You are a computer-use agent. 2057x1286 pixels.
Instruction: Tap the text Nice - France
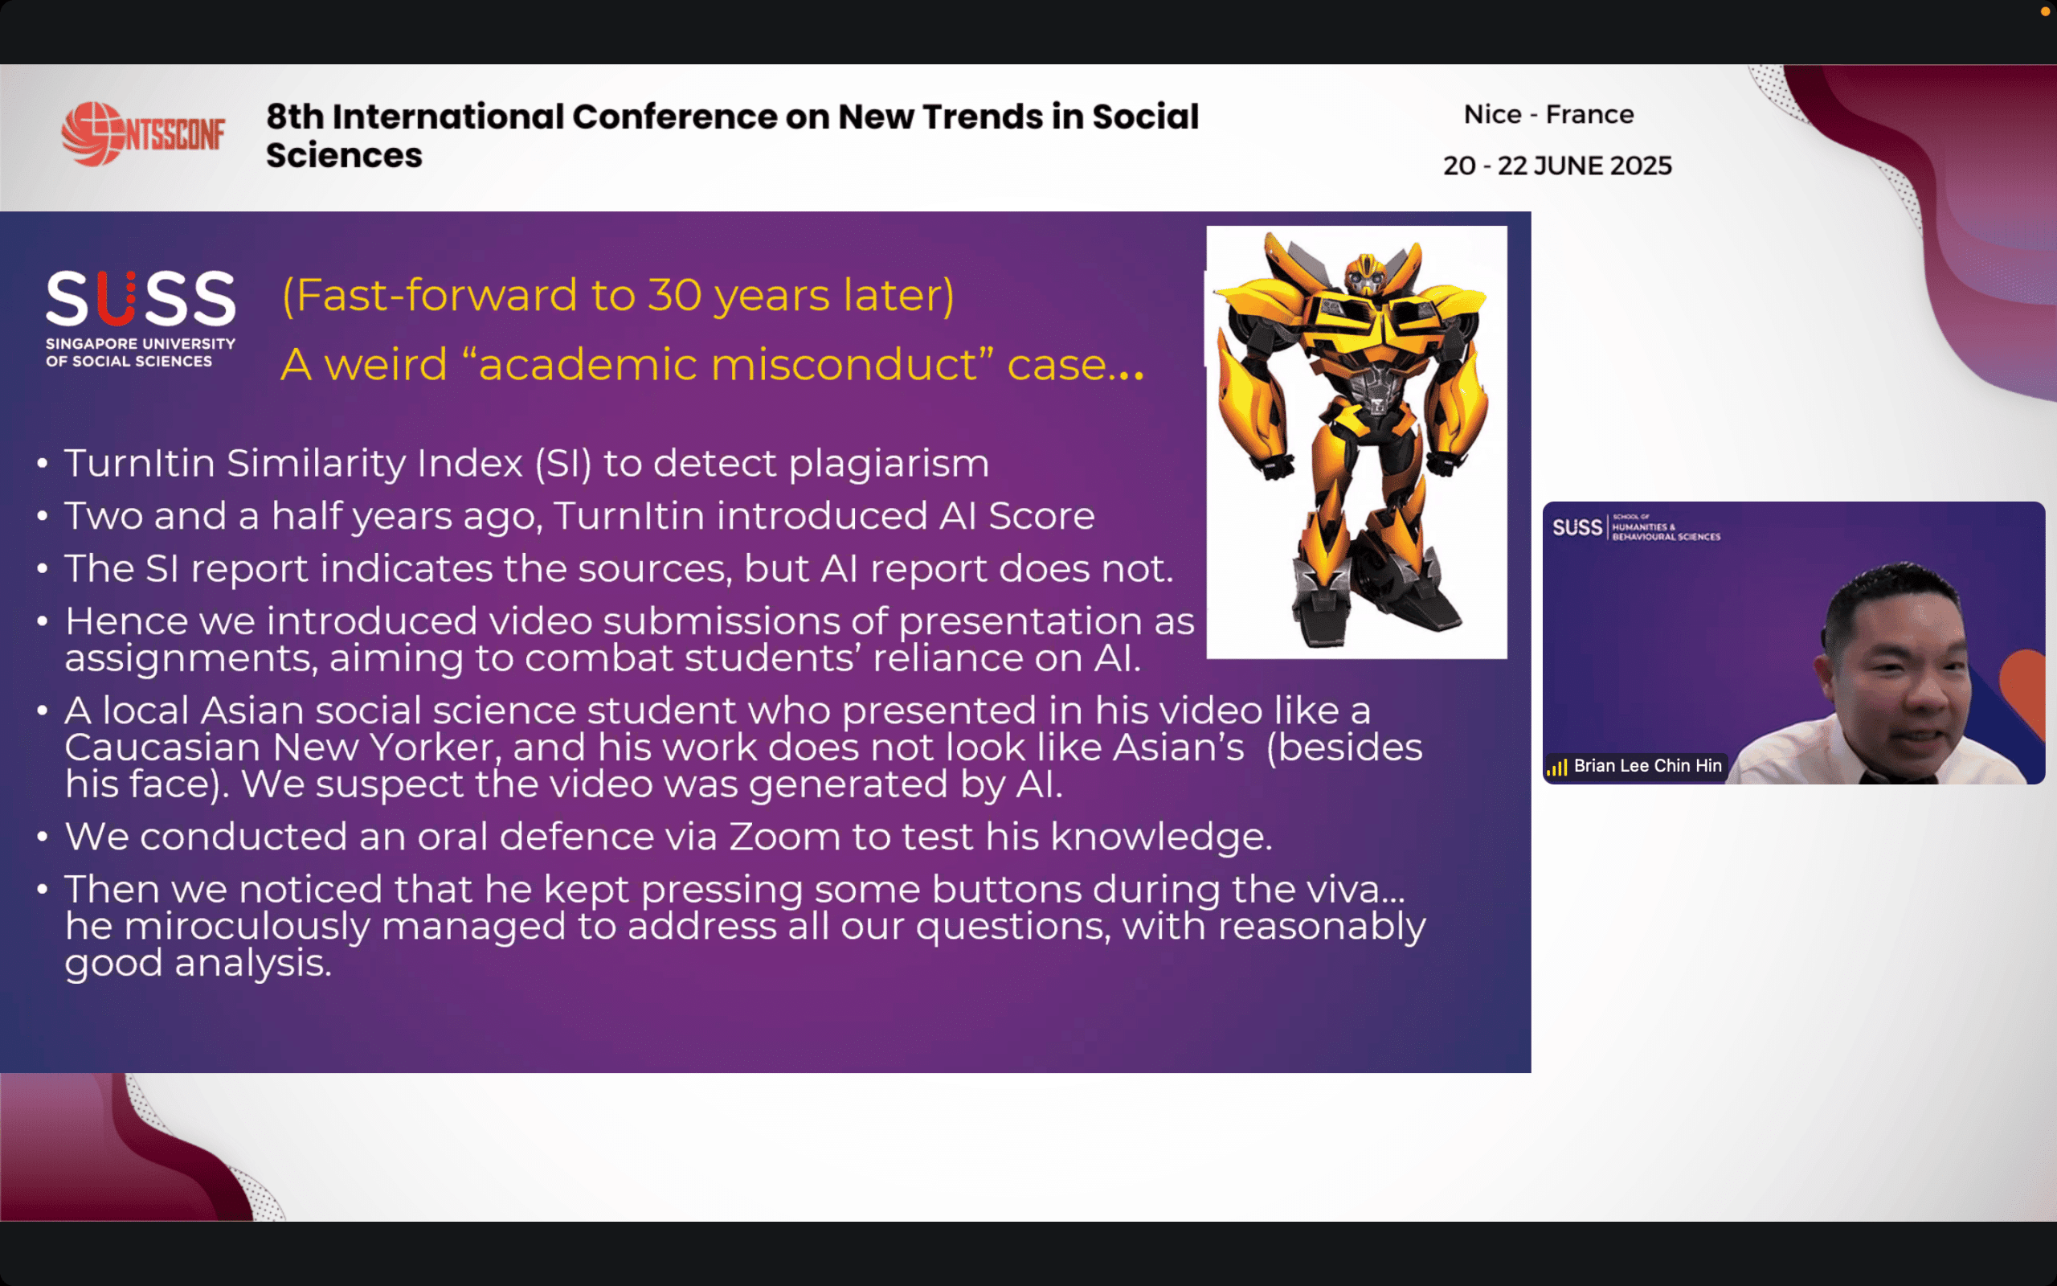click(x=1548, y=114)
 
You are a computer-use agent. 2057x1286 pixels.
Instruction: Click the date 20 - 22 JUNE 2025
click(x=1557, y=165)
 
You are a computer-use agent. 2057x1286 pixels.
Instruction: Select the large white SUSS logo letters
click(x=141, y=298)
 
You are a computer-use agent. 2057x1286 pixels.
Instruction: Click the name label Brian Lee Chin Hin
click(x=1647, y=765)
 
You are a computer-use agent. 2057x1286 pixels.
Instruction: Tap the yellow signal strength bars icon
click(x=1557, y=767)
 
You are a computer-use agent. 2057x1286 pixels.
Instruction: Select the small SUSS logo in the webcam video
click(x=1576, y=527)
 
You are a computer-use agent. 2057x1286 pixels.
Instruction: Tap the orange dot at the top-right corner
click(x=2045, y=12)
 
